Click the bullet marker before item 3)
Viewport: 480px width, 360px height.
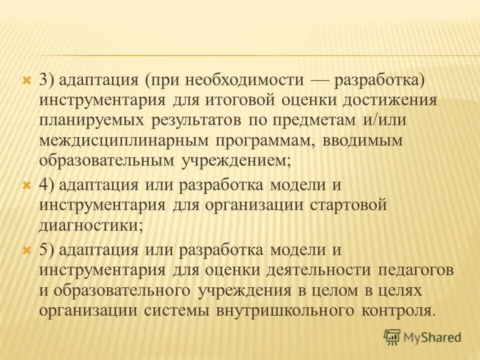28,80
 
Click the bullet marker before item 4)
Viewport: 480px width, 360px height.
28,185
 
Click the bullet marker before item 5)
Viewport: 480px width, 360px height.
28,249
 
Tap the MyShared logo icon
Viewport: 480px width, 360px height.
393,337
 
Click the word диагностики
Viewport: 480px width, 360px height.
89,225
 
